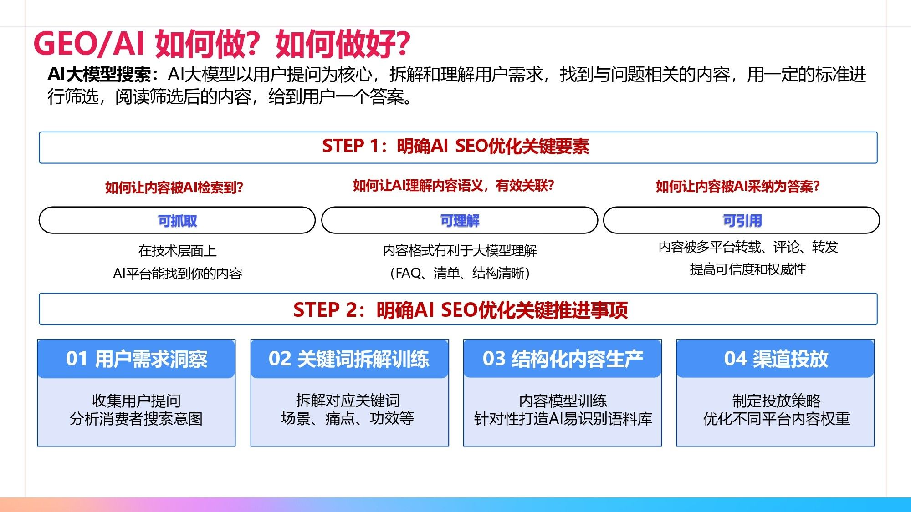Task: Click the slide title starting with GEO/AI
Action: (x=222, y=44)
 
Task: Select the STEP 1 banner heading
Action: (x=455, y=147)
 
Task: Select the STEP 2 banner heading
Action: (x=461, y=310)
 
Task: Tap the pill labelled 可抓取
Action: (x=177, y=220)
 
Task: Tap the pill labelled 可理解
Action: (x=460, y=220)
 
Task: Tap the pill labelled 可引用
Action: (x=742, y=220)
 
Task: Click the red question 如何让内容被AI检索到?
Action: (x=174, y=188)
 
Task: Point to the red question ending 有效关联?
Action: (x=454, y=185)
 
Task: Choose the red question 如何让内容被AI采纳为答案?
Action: (x=737, y=186)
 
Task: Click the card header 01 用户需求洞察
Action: (x=136, y=359)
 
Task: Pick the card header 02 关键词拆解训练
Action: (x=349, y=359)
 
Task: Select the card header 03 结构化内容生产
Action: (x=563, y=359)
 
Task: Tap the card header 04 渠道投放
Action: (x=775, y=359)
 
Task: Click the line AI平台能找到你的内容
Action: (x=177, y=274)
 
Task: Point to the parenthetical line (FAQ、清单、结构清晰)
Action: (x=460, y=273)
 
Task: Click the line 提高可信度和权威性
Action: (x=747, y=269)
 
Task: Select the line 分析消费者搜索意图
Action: (x=136, y=419)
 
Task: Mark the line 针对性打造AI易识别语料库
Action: (x=563, y=419)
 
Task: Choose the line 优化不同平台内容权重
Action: (x=776, y=419)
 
